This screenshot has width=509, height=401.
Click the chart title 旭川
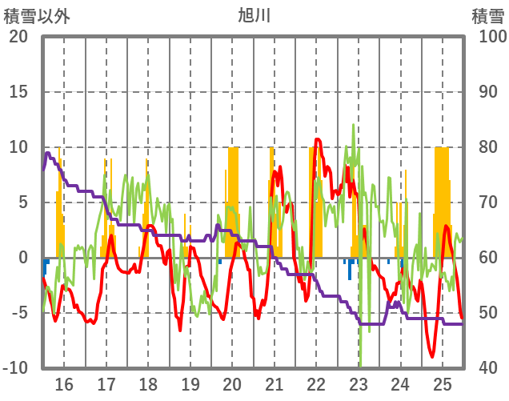254,15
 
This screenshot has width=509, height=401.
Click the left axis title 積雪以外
36,15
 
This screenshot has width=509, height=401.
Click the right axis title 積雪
487,15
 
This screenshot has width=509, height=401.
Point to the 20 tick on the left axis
18,37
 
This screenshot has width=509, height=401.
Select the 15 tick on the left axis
18,92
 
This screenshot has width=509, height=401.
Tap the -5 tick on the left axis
18,313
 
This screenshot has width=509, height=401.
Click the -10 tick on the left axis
16,368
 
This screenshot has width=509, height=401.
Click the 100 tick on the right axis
490,37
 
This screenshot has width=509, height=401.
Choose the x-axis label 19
190,383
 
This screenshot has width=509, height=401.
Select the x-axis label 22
316,383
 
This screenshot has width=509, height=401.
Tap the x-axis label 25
442,383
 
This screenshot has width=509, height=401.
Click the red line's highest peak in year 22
318,140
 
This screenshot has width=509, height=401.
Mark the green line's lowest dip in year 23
361,366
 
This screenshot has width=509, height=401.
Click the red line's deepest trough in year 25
432,356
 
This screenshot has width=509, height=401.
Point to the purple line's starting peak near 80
47,153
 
